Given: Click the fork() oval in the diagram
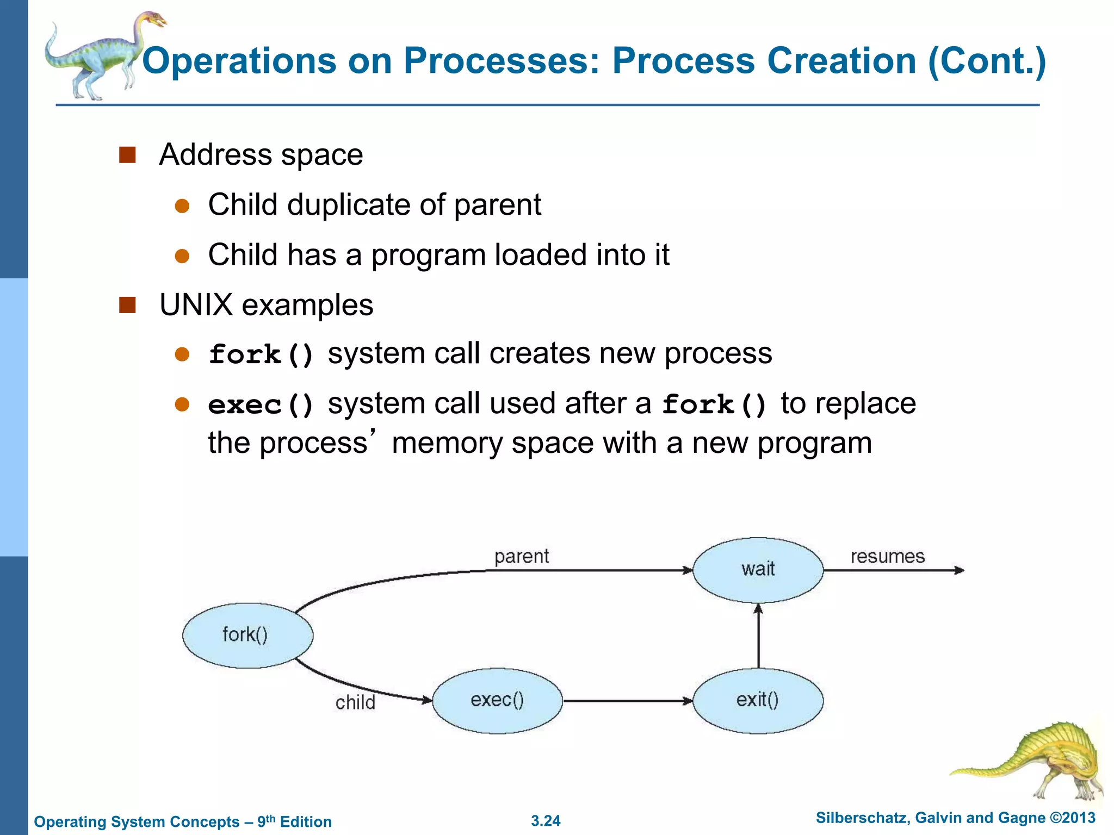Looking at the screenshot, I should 247,635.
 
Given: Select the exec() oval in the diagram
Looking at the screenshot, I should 497,701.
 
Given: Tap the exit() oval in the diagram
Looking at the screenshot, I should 758,701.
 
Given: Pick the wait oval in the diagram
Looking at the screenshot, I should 758,570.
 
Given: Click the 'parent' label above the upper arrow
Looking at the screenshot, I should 521,556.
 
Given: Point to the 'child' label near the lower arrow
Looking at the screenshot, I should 355,702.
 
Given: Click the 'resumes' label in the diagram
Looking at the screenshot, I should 887,556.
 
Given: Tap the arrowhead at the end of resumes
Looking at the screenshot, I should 960,570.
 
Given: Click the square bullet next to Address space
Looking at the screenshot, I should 127,155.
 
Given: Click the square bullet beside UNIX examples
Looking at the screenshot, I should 127,305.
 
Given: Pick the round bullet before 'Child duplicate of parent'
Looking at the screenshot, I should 182,206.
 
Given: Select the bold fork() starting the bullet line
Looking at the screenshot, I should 261,354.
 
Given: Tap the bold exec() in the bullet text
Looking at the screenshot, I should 261,405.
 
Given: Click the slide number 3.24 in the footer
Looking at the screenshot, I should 546,821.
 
